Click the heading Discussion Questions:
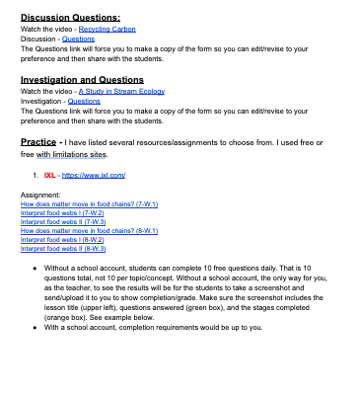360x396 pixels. tap(70, 18)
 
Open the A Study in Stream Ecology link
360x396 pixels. tap(121, 91)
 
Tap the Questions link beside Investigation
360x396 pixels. tap(84, 100)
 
